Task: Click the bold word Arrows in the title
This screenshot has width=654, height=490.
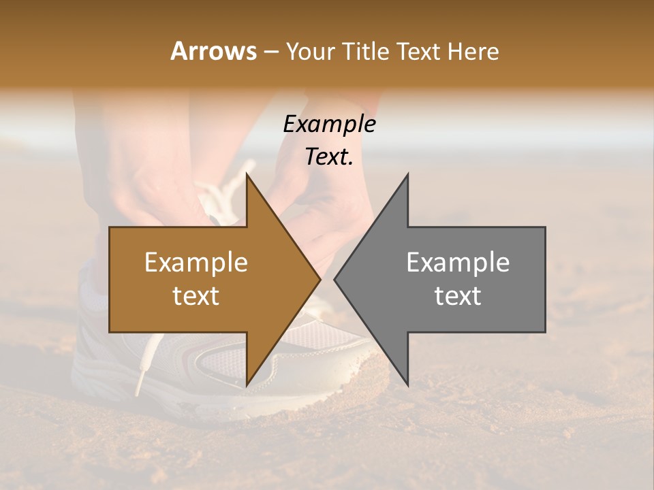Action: click(x=213, y=51)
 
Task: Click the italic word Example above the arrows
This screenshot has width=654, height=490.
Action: click(x=329, y=125)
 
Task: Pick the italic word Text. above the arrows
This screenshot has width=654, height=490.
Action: click(x=329, y=157)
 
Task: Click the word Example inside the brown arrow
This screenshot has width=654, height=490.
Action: click(x=196, y=263)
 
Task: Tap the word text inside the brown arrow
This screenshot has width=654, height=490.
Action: click(x=196, y=296)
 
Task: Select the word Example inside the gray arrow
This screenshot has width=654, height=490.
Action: click(x=458, y=263)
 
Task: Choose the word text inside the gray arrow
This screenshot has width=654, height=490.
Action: click(x=458, y=296)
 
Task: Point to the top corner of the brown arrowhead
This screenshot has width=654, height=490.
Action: click(x=247, y=174)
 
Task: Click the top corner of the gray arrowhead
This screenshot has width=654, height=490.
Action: click(x=407, y=174)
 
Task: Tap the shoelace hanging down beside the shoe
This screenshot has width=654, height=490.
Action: click(x=142, y=367)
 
